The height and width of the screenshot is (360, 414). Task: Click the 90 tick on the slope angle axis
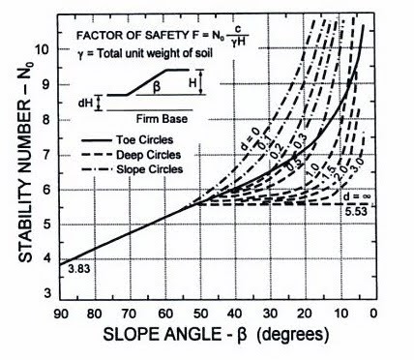pos(61,312)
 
